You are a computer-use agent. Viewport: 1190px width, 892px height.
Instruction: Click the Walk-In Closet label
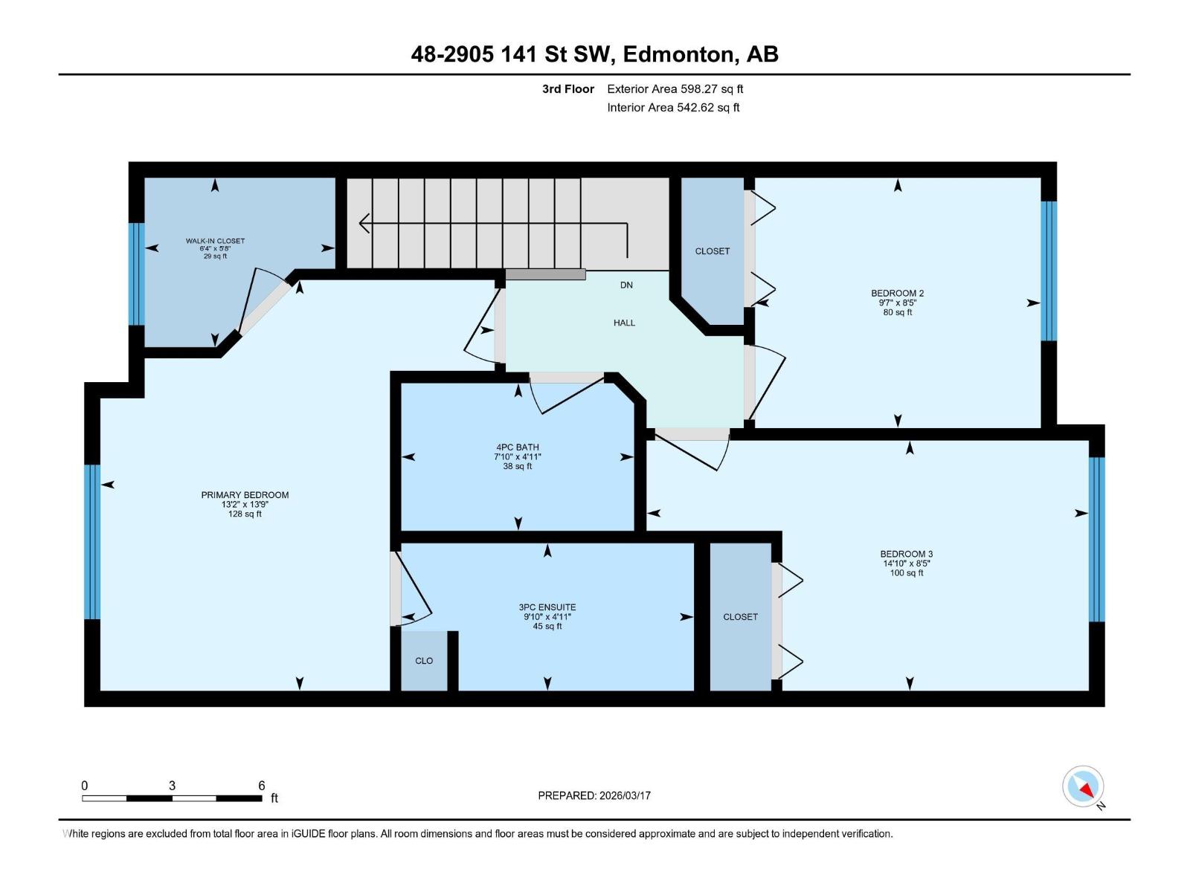coord(215,241)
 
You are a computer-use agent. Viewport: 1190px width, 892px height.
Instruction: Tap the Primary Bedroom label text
coord(245,495)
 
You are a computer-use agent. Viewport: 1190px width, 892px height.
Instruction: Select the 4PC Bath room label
coord(518,447)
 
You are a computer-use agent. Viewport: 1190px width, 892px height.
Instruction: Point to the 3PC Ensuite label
coord(547,607)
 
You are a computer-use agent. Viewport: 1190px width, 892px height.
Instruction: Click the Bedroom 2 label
coord(897,294)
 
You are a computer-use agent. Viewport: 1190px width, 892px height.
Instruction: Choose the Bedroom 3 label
coord(907,554)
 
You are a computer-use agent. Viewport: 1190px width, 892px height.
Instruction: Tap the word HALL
coord(624,323)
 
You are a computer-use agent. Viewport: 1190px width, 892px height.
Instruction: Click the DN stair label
coord(626,285)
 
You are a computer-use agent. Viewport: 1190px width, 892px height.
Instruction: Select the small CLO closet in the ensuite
coord(424,661)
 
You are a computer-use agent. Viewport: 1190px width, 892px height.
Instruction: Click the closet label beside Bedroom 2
coord(713,251)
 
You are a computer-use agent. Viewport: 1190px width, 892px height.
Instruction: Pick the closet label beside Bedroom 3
coord(740,617)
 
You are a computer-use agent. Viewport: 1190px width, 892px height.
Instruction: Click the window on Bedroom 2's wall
coord(1049,271)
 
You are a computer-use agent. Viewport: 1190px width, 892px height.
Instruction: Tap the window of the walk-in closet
coord(137,274)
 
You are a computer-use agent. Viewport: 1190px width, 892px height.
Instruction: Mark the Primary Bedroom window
coord(93,542)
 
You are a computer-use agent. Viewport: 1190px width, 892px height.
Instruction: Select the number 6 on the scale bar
coord(261,786)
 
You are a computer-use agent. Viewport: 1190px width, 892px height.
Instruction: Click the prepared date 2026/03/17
coord(625,795)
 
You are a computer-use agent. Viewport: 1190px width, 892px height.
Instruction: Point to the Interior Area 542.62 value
coord(695,107)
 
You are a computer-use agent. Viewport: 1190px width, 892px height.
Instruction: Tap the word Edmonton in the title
coord(681,54)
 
